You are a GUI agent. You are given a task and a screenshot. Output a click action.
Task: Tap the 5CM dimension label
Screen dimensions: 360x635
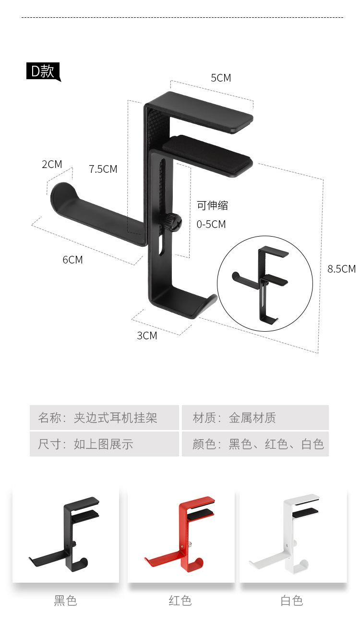pos(221,78)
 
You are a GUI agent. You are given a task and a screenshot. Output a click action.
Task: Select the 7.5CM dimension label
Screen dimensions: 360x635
pos(103,169)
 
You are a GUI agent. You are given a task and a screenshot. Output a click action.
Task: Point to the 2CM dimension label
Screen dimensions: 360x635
pos(52,164)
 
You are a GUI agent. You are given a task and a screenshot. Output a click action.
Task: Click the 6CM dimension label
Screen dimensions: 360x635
pos(72,260)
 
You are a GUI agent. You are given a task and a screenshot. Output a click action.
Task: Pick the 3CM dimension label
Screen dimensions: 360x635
pos(147,335)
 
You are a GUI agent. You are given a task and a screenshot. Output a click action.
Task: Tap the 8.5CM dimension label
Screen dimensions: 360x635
pos(341,269)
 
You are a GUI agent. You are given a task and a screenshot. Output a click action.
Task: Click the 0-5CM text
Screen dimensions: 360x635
pos(211,224)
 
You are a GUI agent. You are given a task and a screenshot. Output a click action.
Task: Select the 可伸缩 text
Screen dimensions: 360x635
pos(212,205)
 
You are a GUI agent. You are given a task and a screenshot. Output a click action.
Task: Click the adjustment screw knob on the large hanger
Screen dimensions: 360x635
pos(172,222)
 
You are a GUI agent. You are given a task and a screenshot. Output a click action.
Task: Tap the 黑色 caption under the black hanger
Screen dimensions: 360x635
pos(65,600)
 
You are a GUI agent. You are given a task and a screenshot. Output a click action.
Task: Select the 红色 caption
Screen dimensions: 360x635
pos(180,600)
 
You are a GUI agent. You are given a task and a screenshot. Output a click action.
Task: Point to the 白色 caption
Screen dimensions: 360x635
pos(292,600)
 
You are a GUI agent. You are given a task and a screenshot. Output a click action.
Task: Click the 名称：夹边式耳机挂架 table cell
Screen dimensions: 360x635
pos(104,418)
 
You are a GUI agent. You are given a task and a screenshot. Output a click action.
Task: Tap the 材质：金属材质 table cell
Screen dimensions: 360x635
pos(255,418)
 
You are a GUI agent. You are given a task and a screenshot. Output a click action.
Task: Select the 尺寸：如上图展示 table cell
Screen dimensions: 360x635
pos(104,444)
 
